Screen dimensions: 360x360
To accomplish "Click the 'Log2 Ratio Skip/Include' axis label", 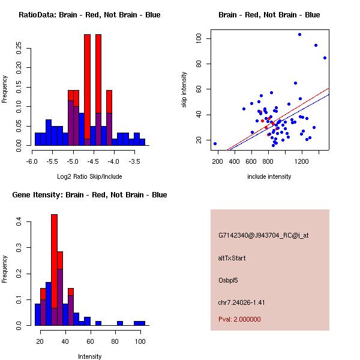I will [x=89, y=176].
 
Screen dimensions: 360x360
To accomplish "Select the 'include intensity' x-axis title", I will [x=269, y=176].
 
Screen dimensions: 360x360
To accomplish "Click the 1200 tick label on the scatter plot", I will [x=301, y=161].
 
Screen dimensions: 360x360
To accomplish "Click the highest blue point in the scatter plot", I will [x=299, y=34].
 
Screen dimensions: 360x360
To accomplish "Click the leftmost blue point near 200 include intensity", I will [x=215, y=143].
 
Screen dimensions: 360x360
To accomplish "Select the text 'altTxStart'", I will [x=232, y=258].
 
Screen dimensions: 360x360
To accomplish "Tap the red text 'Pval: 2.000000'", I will [x=239, y=319].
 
